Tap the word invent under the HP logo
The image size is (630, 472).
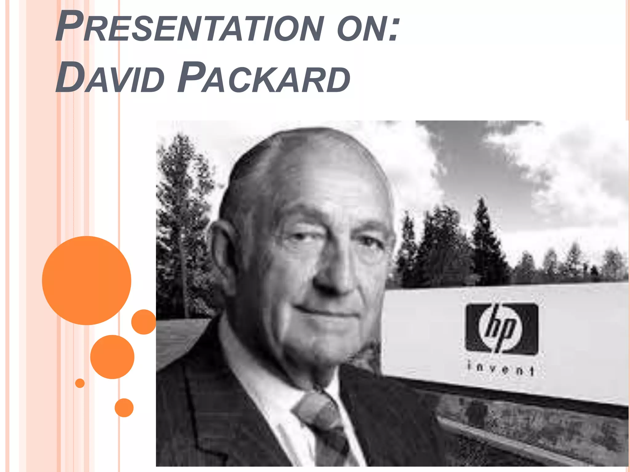[500, 369]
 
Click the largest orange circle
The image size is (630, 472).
[86, 280]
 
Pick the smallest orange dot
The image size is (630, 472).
[80, 383]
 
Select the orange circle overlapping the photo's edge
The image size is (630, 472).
[144, 322]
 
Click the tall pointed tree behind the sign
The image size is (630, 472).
[483, 240]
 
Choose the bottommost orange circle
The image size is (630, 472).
[124, 407]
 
